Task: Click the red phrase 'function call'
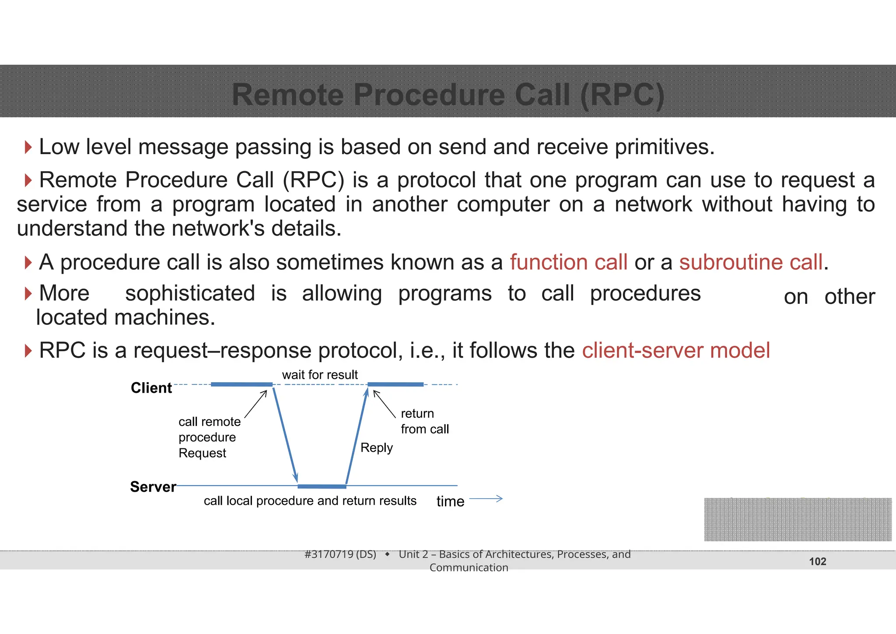568,262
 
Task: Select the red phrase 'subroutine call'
751,262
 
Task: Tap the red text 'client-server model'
675,350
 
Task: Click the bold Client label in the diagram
151,388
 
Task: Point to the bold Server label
153,487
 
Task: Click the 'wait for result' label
320,375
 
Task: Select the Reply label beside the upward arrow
376,447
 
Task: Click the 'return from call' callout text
423,421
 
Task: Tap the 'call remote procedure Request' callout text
209,437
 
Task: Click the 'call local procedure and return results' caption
310,501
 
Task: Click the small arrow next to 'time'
486,499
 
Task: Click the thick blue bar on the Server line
322,486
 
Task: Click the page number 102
817,561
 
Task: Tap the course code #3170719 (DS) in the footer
340,554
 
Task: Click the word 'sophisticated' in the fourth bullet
190,293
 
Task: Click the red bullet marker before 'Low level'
28,147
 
